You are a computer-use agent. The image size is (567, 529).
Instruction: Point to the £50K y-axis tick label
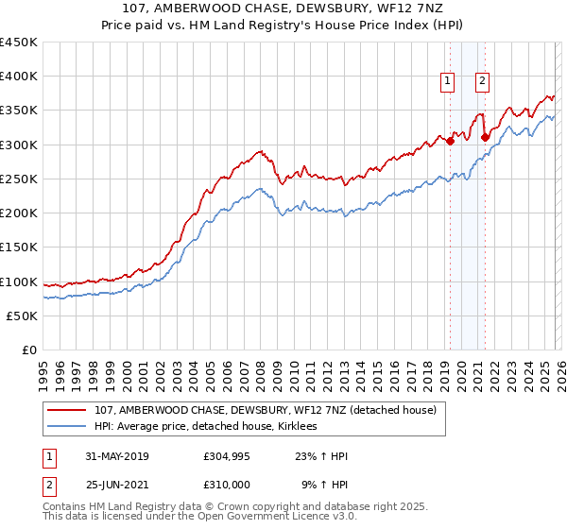[21, 316]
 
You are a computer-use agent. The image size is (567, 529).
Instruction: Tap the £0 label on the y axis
[28, 350]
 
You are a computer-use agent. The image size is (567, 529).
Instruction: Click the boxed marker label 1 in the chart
[445, 81]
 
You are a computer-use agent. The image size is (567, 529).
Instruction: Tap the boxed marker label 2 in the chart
[482, 81]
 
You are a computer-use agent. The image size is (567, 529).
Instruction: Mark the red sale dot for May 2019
[449, 142]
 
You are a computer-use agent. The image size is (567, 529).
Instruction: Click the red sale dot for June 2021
[484, 137]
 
